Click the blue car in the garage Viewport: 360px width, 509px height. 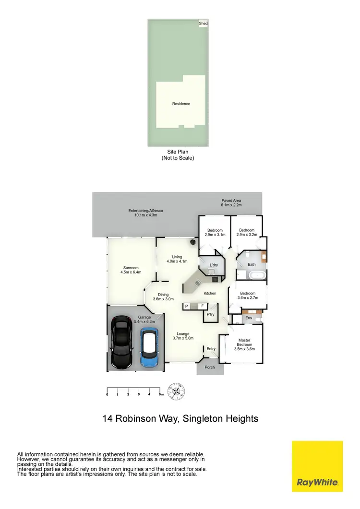pyautogui.click(x=148, y=347)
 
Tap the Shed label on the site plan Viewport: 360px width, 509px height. pyautogui.click(x=204, y=23)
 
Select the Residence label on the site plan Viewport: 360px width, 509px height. pyautogui.click(x=181, y=104)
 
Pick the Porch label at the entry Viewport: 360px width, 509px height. pyautogui.click(x=210, y=368)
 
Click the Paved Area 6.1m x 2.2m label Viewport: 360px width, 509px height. pyautogui.click(x=231, y=202)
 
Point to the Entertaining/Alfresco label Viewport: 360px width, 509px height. pyautogui.click(x=146, y=213)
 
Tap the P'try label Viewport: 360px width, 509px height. pyautogui.click(x=210, y=315)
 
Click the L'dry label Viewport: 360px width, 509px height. pyautogui.click(x=214, y=265)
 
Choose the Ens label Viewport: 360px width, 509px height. pyautogui.click(x=249, y=318)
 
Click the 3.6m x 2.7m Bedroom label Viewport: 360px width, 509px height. pyautogui.click(x=248, y=296)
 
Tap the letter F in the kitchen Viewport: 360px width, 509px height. pyautogui.click(x=202, y=306)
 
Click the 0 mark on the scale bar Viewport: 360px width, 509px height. pyautogui.click(x=107, y=394)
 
